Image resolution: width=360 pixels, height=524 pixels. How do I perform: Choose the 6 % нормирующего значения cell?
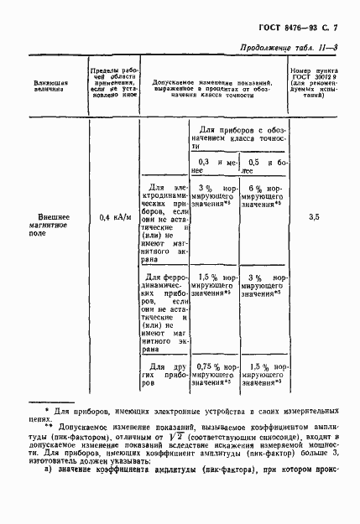point(263,195)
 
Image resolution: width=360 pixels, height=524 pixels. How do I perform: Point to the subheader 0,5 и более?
point(263,164)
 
